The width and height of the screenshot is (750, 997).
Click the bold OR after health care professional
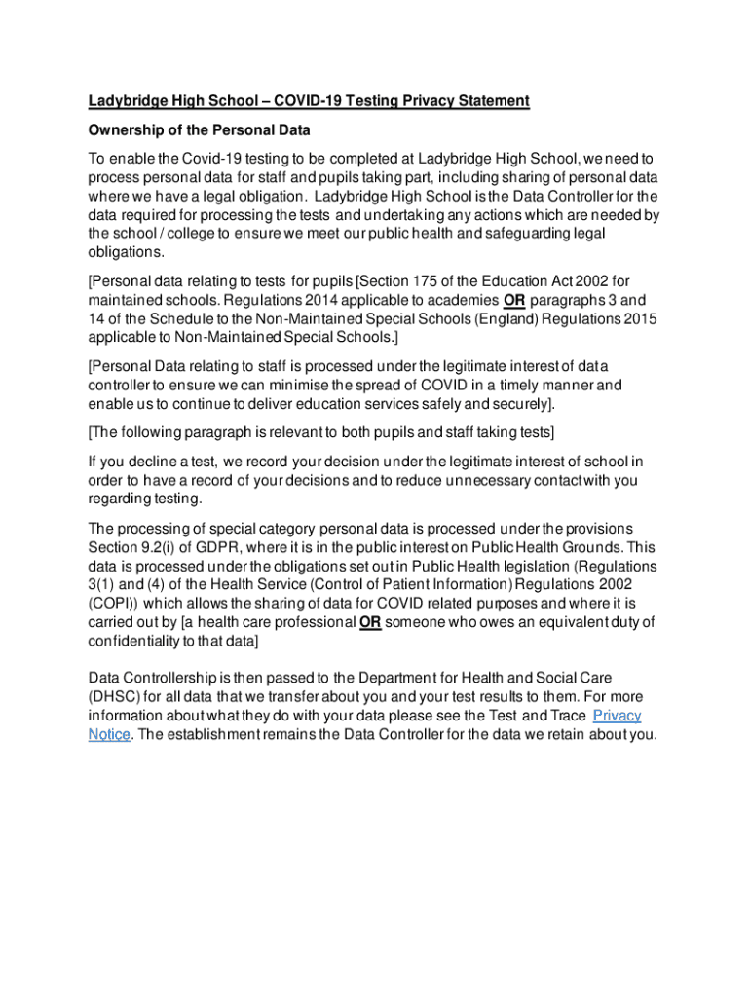pyautogui.click(x=370, y=623)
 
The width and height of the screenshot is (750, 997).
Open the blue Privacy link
pyautogui.click(x=617, y=716)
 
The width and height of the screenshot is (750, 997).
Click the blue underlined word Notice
pyautogui.click(x=109, y=734)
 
